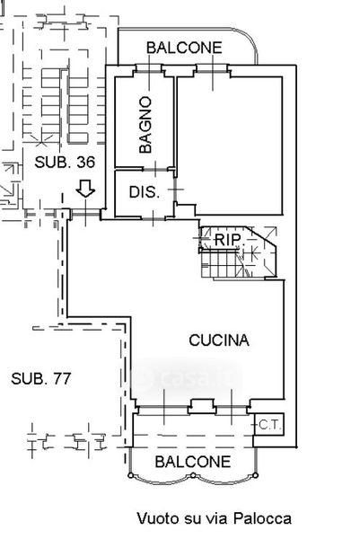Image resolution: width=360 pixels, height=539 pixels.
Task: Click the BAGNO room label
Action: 145,125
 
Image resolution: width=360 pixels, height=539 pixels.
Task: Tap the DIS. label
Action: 145,192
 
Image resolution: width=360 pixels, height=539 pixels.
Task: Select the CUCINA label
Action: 219,340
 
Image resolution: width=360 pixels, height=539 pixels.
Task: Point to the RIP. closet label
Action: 228,239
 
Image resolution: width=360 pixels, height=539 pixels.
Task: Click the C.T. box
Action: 269,425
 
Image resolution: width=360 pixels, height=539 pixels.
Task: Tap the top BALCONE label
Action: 184,48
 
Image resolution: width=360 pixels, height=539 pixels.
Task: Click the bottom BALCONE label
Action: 193,462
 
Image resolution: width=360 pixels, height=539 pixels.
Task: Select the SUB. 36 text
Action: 65,162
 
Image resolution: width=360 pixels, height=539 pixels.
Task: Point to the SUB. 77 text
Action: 41,378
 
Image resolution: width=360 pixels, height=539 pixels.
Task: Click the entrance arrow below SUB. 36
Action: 85,189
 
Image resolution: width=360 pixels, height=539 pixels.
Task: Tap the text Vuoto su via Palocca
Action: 214,518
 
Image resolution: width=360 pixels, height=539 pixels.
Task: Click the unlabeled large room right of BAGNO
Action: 230,145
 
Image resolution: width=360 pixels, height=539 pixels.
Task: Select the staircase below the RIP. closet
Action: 224,263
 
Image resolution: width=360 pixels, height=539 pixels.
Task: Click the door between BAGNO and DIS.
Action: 155,169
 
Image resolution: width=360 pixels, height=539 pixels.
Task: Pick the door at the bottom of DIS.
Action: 154,218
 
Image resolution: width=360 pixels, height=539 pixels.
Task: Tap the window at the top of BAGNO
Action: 149,72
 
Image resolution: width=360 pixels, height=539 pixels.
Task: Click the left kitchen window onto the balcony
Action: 163,407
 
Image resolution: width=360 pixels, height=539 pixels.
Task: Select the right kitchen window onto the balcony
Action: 232,407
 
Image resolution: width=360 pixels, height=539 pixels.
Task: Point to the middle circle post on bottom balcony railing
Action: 193,475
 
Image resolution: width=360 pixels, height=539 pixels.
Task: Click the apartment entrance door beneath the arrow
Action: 85,214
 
